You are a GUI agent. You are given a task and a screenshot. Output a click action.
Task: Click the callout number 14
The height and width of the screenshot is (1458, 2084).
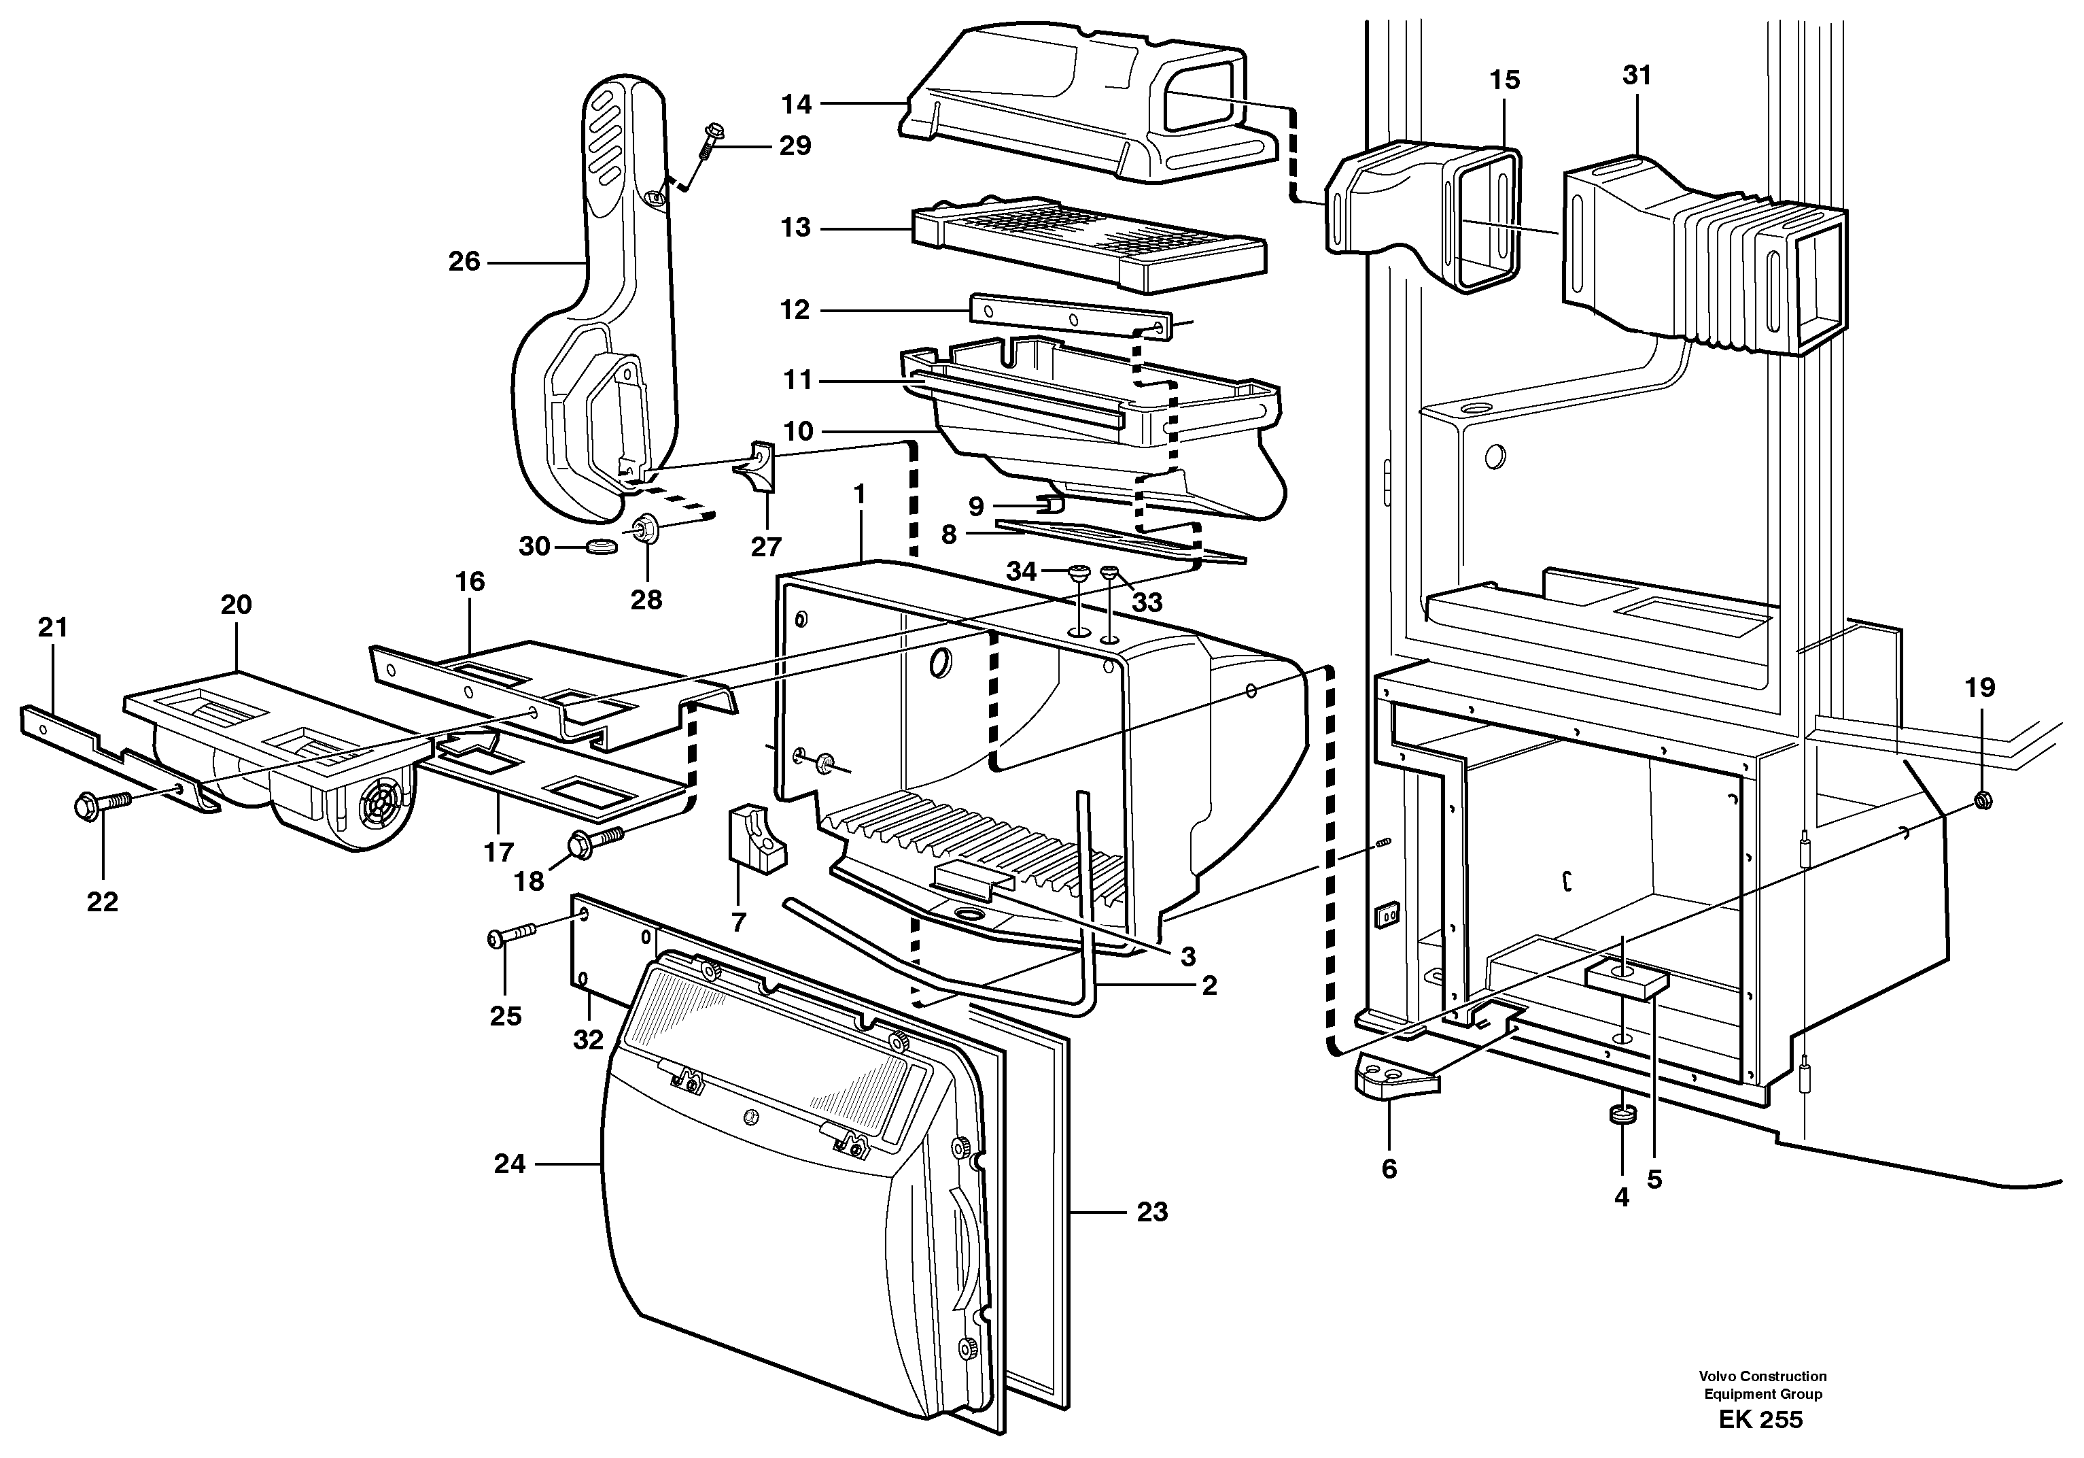coord(796,105)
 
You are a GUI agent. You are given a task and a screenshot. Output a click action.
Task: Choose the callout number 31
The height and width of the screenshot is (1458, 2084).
coord(1637,75)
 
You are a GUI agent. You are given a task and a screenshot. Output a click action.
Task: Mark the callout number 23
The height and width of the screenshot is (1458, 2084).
coord(1152,1212)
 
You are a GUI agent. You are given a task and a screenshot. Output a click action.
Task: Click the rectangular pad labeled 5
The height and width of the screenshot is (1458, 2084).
coord(1627,981)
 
